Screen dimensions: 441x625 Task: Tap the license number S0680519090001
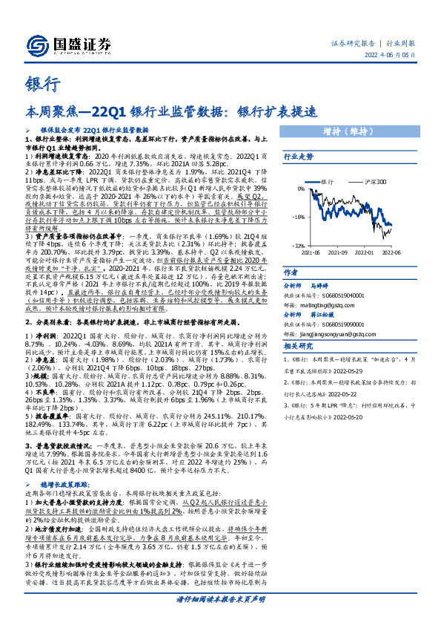pos(340,325)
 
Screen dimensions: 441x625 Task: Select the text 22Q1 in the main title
pos(125,112)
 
